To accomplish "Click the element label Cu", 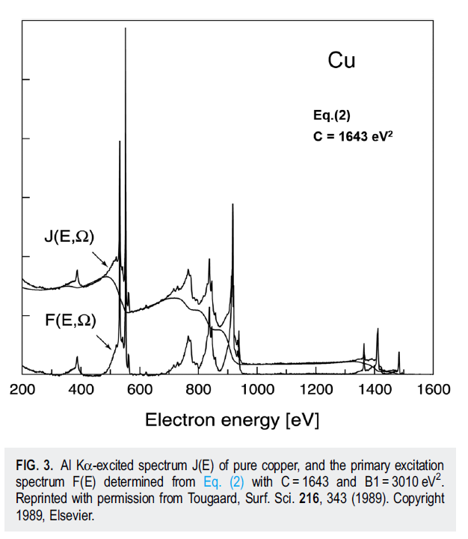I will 342,61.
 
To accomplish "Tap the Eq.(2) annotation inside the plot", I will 332,115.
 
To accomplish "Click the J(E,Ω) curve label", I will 69,238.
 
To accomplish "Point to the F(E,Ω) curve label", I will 69,320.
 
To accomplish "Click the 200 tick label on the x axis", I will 22,390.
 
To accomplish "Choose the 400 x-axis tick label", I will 81,390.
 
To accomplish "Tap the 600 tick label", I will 140,390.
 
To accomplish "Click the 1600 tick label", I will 433,390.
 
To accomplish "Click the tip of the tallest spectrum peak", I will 126,28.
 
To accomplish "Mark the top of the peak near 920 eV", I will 233,204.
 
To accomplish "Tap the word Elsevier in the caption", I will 77,511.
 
